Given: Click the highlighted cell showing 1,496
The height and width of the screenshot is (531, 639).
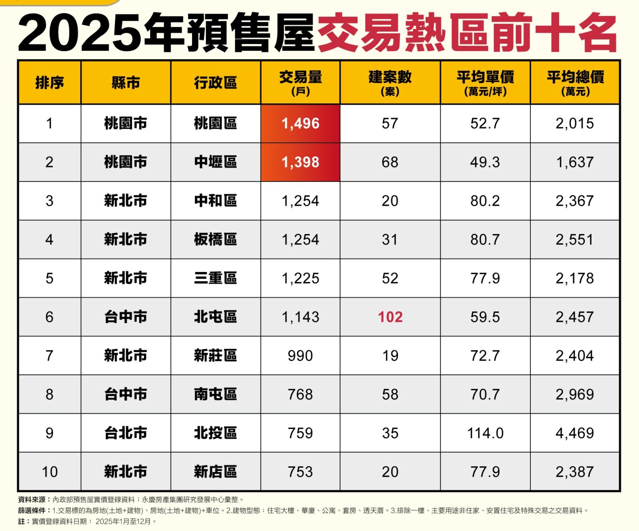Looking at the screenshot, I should (300, 123).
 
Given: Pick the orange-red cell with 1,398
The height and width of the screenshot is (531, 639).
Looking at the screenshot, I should (300, 162).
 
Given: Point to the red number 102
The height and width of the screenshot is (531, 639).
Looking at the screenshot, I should (390, 317).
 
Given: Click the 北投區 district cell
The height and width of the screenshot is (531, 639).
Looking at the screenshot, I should (215, 433).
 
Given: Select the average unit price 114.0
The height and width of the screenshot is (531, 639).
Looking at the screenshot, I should (485, 433).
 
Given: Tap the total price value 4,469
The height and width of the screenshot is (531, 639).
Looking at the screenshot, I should (575, 433).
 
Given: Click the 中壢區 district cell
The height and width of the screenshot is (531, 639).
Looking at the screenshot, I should (215, 162).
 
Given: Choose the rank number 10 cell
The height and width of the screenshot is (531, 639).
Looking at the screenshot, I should (50, 472).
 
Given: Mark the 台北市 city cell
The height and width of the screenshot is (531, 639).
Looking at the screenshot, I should (125, 433).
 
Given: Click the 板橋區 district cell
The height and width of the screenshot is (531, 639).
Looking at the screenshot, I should (215, 240).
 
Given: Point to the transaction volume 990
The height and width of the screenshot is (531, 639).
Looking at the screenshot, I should (300, 356).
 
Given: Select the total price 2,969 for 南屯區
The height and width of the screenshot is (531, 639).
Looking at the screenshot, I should (575, 394).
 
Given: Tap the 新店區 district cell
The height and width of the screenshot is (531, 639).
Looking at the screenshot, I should (215, 472).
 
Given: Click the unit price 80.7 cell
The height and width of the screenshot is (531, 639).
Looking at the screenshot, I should (485, 240).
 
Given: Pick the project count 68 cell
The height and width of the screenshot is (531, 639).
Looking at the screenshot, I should (390, 162).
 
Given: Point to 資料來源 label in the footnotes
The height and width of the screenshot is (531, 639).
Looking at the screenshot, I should (32, 499).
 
